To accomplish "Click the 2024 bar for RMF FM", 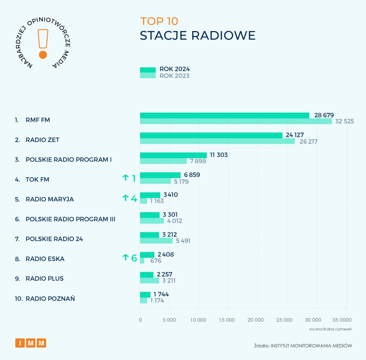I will (x=224, y=115).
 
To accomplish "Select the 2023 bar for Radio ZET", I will (x=217, y=141).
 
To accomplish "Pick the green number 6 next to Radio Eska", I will (x=134, y=258).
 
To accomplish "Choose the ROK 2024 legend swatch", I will (x=148, y=70).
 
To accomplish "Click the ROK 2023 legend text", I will (x=174, y=76).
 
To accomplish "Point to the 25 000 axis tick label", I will (x=285, y=320).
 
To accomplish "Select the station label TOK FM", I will (x=37, y=179).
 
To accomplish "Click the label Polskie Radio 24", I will (x=54, y=239).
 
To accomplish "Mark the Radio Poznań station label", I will (x=50, y=299).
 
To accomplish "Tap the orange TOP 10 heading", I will (x=159, y=21).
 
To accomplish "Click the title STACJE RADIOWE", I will (x=197, y=36).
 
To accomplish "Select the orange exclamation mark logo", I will (x=43, y=43).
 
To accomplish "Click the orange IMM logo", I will (x=31, y=343).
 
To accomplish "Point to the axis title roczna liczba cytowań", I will (x=330, y=329).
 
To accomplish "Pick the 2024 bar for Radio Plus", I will (x=147, y=275).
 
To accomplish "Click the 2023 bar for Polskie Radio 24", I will (x=156, y=241).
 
